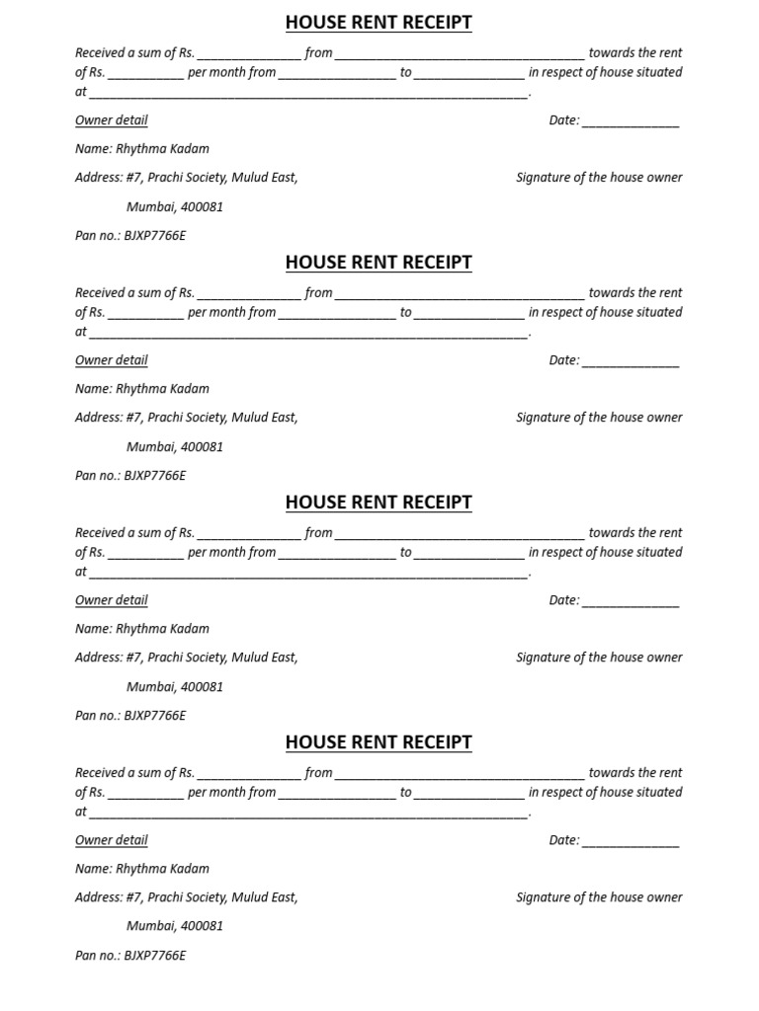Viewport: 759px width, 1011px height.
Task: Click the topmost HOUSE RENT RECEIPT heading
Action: tap(379, 23)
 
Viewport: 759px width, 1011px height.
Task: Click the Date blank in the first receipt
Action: tap(630, 122)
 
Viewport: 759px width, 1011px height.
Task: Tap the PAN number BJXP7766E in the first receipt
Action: tap(154, 236)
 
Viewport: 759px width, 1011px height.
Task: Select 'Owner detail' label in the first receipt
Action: tap(112, 120)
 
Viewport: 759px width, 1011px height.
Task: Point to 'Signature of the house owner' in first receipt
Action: tap(599, 178)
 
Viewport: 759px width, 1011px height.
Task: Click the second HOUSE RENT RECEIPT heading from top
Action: tap(379, 263)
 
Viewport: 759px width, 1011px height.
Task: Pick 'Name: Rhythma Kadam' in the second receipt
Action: tap(142, 389)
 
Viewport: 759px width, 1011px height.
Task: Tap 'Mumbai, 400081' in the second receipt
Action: tap(175, 446)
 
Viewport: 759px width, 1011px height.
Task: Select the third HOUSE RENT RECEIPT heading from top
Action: tap(379, 503)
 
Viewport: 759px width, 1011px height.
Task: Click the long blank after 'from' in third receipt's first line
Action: tap(460, 534)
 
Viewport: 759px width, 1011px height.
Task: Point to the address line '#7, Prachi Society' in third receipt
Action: tap(187, 658)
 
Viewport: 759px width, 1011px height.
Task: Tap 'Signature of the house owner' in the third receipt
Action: tap(599, 658)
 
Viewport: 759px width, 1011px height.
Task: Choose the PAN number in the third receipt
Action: tap(154, 716)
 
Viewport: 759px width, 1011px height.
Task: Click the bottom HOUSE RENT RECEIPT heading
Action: tap(379, 742)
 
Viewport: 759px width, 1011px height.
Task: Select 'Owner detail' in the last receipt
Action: tap(112, 840)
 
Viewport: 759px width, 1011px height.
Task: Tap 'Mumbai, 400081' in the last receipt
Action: tap(175, 926)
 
